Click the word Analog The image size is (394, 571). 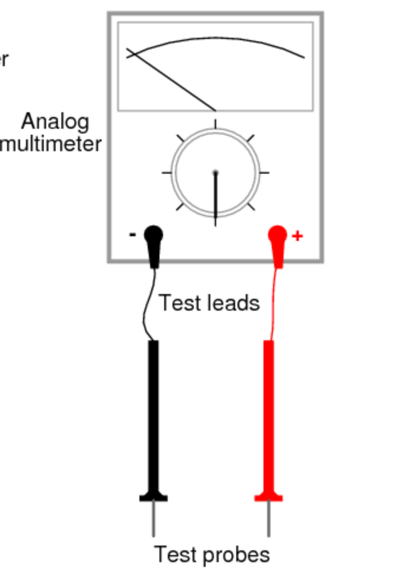tap(56, 122)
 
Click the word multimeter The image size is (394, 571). tap(52, 143)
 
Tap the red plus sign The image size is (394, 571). tap(297, 236)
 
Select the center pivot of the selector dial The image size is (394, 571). tap(216, 173)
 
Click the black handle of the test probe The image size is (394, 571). tap(154, 413)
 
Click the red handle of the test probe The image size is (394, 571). tap(269, 413)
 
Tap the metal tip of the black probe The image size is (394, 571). tap(154, 520)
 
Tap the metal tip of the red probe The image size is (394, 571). tap(269, 520)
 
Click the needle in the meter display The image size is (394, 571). tap(171, 80)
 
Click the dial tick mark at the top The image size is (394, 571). tap(216, 123)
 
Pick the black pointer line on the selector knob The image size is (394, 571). tap(216, 198)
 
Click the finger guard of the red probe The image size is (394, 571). tap(269, 498)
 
